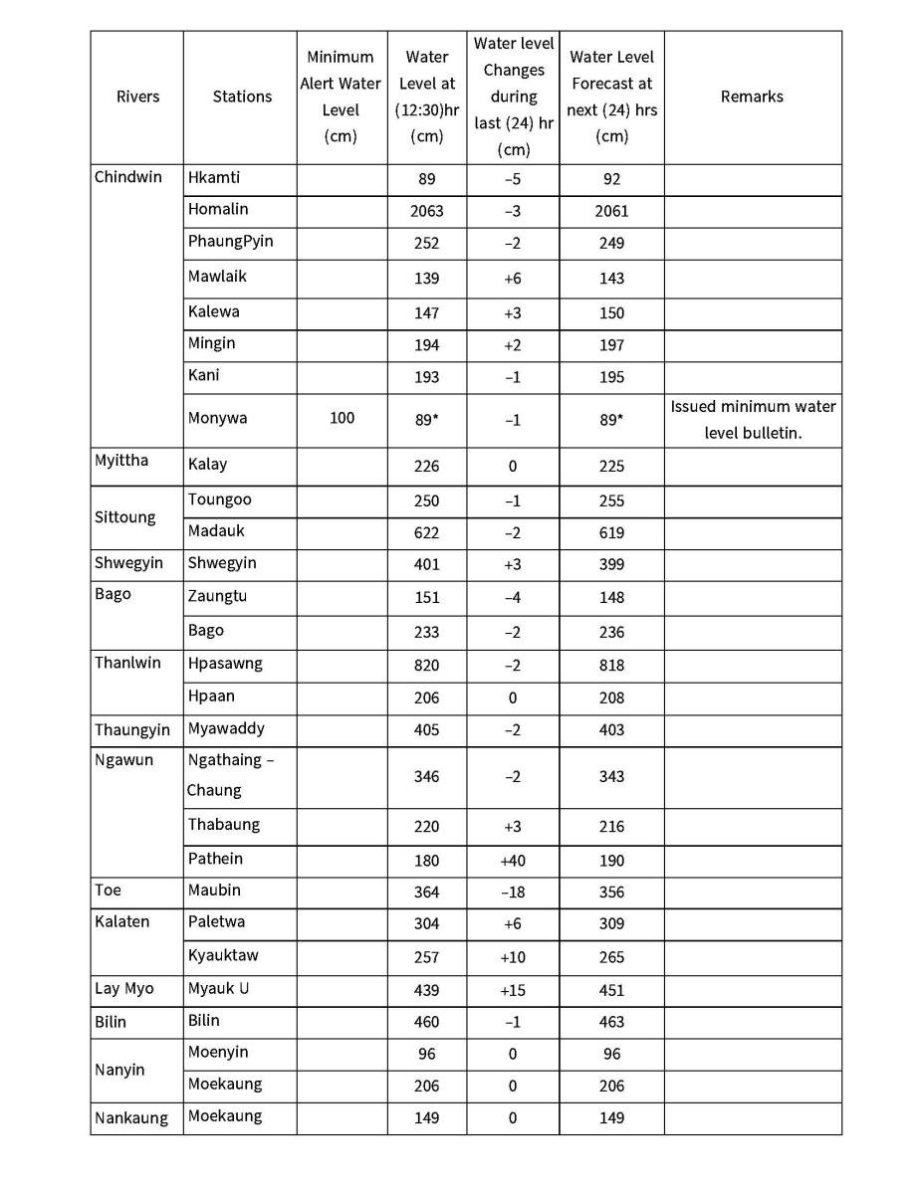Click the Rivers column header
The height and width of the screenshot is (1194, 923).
(x=137, y=97)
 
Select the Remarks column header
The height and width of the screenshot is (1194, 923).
(x=752, y=97)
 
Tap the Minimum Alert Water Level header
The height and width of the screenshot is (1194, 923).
(x=341, y=97)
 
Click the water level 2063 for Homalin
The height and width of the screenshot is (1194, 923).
(x=426, y=211)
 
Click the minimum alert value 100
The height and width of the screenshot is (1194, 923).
(x=341, y=418)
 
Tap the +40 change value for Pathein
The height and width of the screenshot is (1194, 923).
(x=512, y=861)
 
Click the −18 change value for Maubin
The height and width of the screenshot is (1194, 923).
(x=512, y=893)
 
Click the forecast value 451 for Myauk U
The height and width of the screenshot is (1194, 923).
(x=611, y=990)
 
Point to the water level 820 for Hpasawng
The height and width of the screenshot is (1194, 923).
(x=426, y=665)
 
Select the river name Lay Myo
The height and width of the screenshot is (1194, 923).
(x=123, y=989)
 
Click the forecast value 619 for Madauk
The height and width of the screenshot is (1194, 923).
(x=611, y=533)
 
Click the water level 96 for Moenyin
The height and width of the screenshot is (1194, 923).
(x=426, y=1054)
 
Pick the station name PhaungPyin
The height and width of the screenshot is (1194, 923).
(x=230, y=242)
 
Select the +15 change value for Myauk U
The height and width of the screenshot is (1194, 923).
(x=512, y=990)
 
